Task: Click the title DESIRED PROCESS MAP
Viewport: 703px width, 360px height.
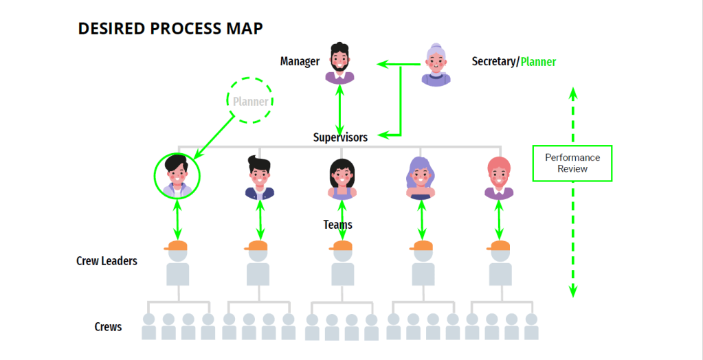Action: (x=170, y=29)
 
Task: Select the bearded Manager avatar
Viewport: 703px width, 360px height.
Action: (x=339, y=63)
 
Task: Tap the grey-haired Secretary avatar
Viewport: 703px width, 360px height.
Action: (x=436, y=65)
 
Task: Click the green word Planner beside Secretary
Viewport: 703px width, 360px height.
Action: (x=538, y=62)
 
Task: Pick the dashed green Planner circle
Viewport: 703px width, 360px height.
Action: (x=250, y=101)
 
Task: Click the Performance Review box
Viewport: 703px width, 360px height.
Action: (x=572, y=163)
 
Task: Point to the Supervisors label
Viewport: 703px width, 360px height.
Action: (x=340, y=137)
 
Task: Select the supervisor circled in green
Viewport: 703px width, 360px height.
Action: (x=177, y=176)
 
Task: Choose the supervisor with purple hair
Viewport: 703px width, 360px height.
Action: (x=421, y=177)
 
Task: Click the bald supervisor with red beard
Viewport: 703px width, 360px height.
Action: (x=499, y=177)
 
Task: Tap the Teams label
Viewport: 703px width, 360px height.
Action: (x=337, y=225)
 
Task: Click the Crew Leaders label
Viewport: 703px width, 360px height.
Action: (x=107, y=261)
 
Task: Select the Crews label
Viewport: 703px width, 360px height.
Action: (x=108, y=326)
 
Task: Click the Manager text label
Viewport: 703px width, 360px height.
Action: (x=300, y=62)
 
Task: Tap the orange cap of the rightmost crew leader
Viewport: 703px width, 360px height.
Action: (x=500, y=245)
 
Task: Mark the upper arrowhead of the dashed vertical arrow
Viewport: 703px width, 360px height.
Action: (x=574, y=93)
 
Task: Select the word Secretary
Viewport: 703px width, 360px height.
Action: (x=493, y=62)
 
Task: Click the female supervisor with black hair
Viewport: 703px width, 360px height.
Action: (x=341, y=179)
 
